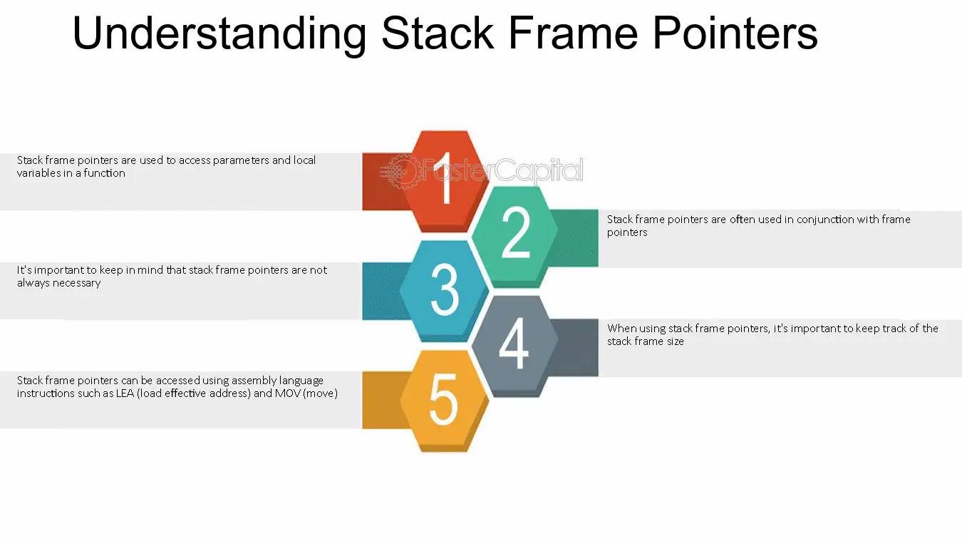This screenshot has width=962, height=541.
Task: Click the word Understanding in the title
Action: pos(219,35)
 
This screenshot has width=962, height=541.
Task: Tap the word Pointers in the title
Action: pos(735,34)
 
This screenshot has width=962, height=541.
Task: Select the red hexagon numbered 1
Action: pos(445,181)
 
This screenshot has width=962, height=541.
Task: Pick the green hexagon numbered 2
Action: pos(514,237)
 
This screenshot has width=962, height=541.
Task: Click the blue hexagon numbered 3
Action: pos(445,291)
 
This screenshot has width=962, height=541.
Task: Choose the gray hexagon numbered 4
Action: pos(514,346)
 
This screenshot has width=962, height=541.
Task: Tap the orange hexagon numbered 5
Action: pos(445,401)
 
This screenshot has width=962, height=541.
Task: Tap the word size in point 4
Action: pos(674,341)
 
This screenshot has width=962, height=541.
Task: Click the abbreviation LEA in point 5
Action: pos(125,393)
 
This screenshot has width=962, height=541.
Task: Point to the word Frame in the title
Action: pos(574,34)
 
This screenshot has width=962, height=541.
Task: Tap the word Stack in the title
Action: pos(438,34)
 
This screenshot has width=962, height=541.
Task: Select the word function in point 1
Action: pos(104,173)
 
